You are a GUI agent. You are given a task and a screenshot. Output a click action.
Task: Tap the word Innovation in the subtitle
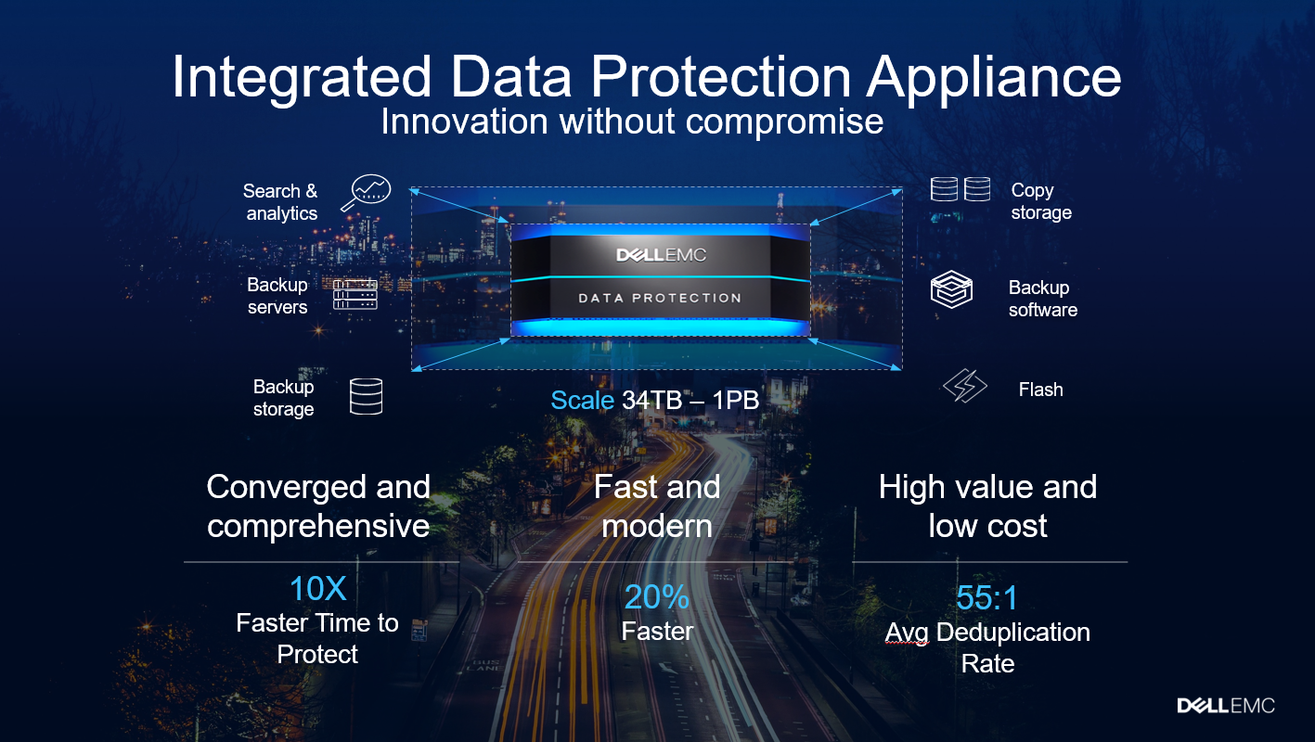(x=465, y=122)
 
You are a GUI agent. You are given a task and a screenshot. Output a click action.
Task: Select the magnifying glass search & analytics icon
(x=366, y=192)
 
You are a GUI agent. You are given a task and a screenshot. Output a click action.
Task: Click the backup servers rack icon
(x=355, y=294)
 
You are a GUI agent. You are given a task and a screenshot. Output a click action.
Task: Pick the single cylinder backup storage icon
(x=366, y=397)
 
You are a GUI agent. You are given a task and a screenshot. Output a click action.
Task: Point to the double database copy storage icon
(x=960, y=189)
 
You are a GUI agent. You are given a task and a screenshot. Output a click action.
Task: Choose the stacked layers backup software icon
(x=951, y=289)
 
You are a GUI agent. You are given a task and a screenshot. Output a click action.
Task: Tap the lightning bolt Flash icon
(x=965, y=385)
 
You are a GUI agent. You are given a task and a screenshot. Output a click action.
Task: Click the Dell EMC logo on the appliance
(x=661, y=255)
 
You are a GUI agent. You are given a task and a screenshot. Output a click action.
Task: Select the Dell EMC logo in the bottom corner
(x=1226, y=705)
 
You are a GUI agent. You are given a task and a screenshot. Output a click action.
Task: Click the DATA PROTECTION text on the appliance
(x=660, y=298)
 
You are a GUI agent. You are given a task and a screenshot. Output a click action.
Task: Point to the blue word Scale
(x=583, y=400)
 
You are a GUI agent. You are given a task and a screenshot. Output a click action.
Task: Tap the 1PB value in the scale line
(x=736, y=400)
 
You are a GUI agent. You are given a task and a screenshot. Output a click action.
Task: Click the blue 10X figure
(x=318, y=588)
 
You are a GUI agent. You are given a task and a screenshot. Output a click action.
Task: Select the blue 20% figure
(x=657, y=597)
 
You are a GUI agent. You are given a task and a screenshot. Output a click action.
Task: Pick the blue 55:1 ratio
(x=986, y=597)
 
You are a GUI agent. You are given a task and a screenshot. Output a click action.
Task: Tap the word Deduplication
(x=1013, y=633)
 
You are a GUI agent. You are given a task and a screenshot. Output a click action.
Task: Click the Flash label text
(x=1041, y=390)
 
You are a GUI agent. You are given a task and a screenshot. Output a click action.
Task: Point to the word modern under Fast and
(x=657, y=526)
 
